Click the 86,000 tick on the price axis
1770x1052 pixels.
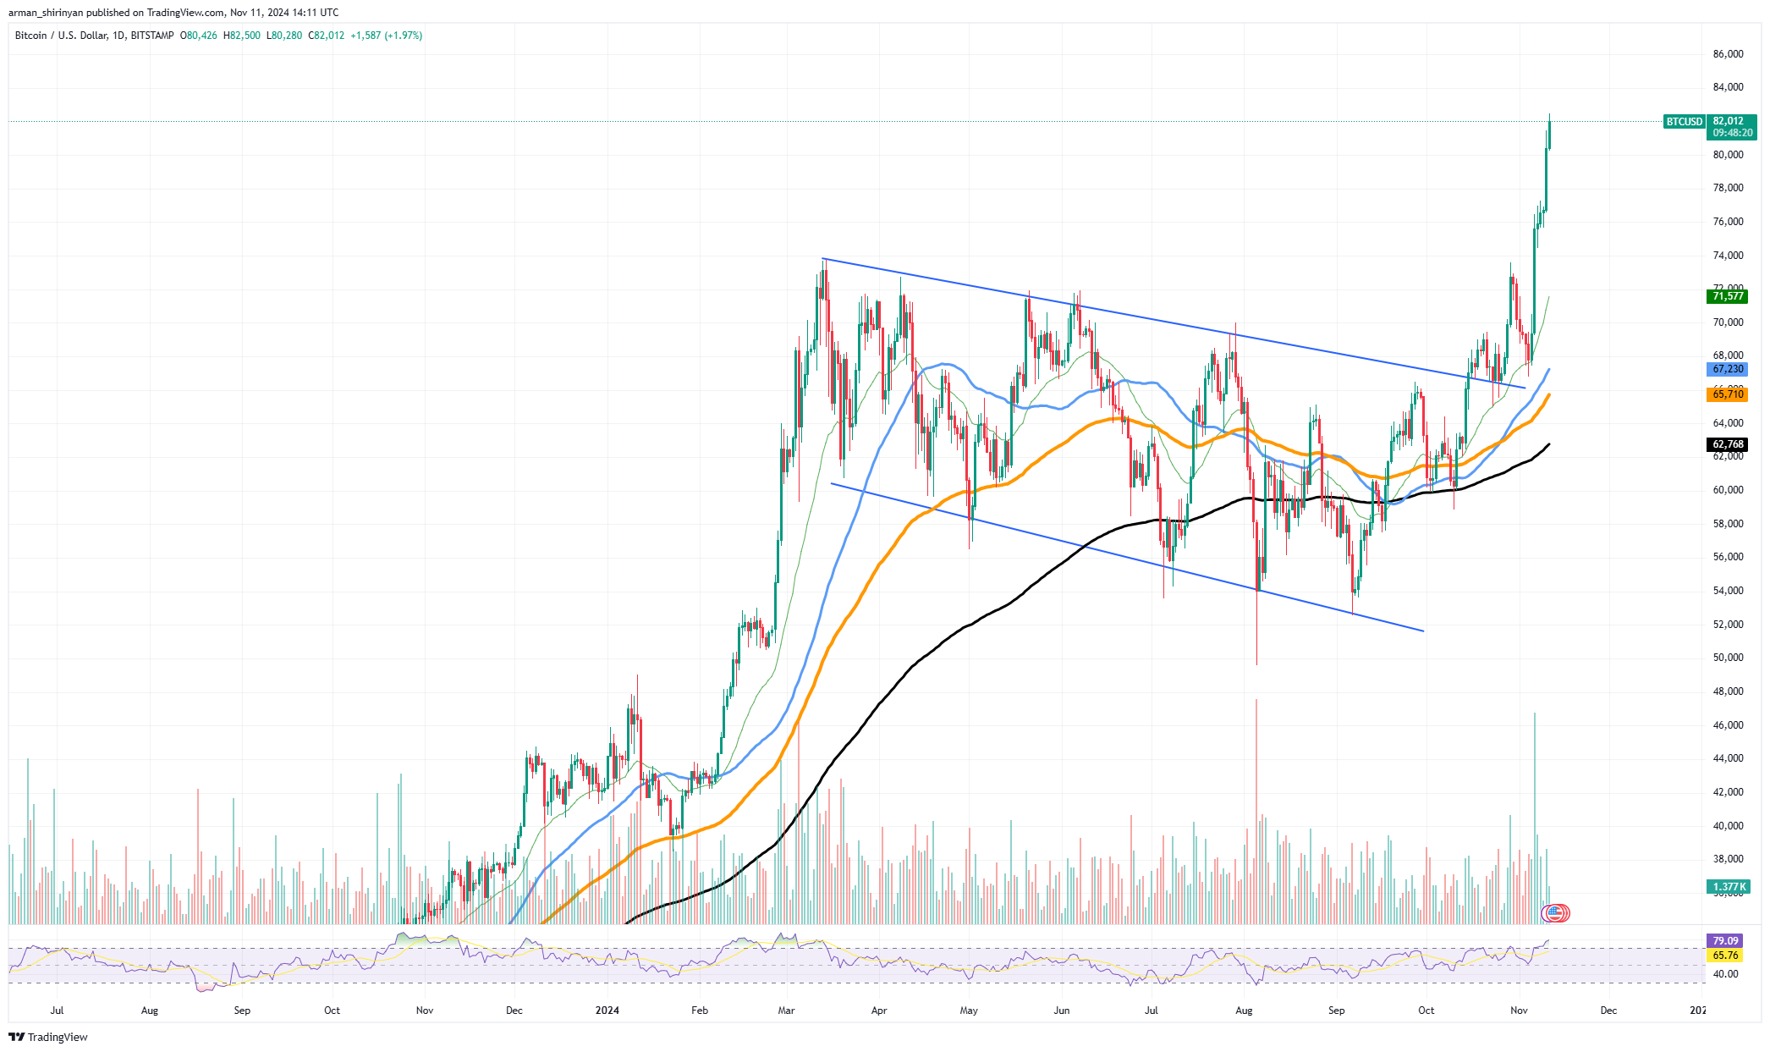tap(1728, 54)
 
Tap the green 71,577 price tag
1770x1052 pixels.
tap(1728, 296)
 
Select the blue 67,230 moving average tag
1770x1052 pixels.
tap(1728, 369)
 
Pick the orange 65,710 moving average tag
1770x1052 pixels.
tap(1728, 394)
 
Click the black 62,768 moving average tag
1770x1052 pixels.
tap(1728, 444)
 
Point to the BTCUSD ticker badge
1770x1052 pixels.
tap(1684, 122)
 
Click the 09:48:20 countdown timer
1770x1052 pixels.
tap(1731, 134)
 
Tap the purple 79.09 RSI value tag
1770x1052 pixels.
tap(1725, 941)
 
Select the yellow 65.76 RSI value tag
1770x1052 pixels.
tap(1725, 956)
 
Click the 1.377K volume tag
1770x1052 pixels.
tap(1729, 887)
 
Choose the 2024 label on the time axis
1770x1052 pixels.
tap(607, 1011)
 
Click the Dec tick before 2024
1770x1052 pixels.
tap(514, 1011)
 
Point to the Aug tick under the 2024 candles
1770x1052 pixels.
tap(1243, 1011)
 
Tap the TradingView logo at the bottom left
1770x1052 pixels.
tap(48, 1037)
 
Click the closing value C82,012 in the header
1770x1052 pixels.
tap(326, 36)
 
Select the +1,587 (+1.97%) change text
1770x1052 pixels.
tap(386, 36)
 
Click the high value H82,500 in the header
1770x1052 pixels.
tap(241, 36)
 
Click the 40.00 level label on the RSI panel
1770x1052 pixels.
tap(1725, 974)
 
